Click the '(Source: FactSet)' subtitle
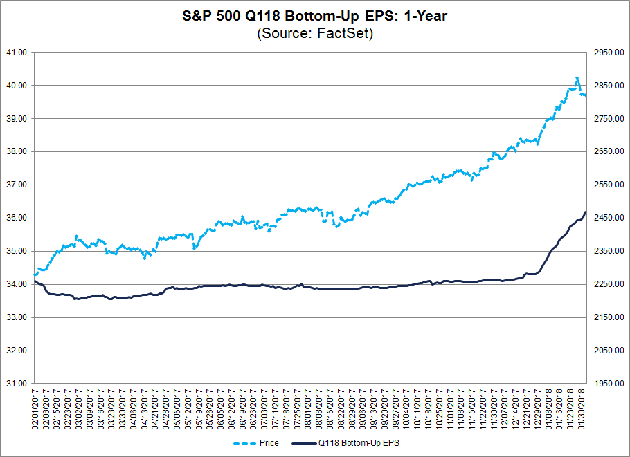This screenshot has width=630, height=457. coord(315,33)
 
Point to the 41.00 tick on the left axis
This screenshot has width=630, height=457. coord(16,53)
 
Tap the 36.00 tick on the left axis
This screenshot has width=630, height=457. coord(16,218)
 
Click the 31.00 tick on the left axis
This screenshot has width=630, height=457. coord(16,383)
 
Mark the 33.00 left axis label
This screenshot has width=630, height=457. coord(16,317)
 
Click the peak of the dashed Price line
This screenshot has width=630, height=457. coord(577,77)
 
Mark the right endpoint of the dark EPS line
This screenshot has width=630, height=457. coord(586,212)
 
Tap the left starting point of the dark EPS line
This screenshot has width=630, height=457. coord(34,280)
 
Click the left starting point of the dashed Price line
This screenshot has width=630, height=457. coord(34,275)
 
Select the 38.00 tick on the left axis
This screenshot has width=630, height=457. coord(16,151)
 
